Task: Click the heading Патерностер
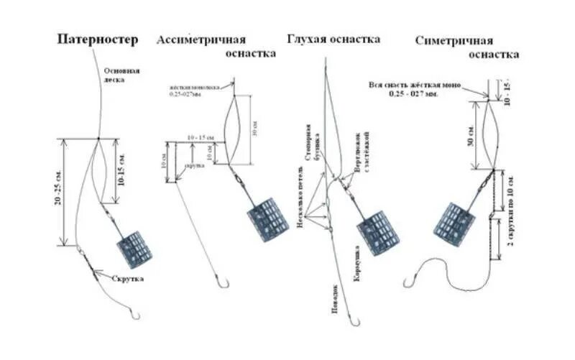(98, 41)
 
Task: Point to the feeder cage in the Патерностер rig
(134, 248)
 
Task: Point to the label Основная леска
(121, 75)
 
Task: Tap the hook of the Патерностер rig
(134, 314)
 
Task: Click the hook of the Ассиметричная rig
(221, 282)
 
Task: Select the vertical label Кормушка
(356, 270)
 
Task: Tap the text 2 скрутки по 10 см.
(510, 215)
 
